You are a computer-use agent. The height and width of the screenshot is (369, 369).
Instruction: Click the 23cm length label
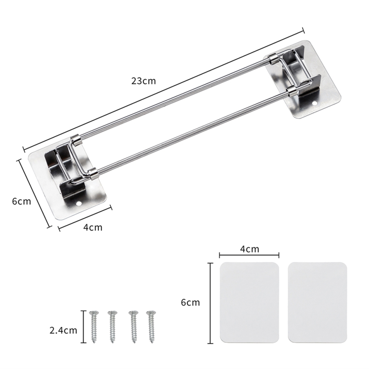[x=143, y=81]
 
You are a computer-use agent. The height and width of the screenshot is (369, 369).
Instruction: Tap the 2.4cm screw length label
[x=63, y=330]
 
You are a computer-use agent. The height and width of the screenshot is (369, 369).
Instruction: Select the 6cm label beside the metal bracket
[x=21, y=201]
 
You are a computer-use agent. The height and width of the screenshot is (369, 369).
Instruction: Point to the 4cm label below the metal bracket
[x=93, y=228]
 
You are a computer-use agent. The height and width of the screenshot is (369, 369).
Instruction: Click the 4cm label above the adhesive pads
[x=249, y=249]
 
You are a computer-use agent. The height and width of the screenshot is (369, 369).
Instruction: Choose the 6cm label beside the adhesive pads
[x=190, y=302]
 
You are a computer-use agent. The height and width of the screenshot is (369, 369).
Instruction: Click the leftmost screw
[x=94, y=327]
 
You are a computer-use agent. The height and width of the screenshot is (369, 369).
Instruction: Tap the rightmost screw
[x=151, y=327]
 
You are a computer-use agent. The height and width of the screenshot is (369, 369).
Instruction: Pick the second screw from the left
[x=113, y=327]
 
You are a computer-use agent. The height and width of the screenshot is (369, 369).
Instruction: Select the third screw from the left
[x=133, y=327]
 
